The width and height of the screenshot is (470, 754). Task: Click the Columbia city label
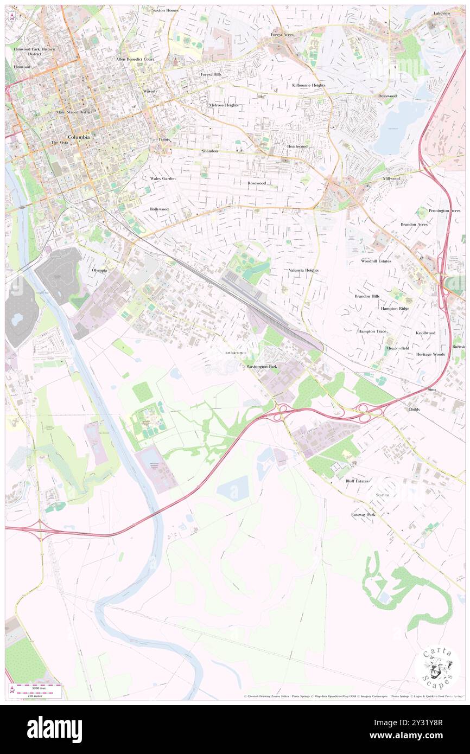79,137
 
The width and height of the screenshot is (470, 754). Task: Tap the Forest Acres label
282,35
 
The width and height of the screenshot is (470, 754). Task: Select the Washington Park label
262,367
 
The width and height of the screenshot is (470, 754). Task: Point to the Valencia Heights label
303,270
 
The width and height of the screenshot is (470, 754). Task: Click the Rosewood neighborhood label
257,183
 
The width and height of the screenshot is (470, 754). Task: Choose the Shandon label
209,151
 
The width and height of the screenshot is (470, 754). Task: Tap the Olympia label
99,270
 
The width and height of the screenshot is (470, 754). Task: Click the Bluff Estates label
357,481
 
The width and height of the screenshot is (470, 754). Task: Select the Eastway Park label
363,514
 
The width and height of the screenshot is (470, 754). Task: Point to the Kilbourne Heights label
308,86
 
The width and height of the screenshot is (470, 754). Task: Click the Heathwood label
297,146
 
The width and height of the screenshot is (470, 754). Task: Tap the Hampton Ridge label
395,308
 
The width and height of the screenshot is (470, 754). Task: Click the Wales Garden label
163,178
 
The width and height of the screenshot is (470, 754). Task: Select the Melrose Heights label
224,105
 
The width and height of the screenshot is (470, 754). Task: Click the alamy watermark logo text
54,730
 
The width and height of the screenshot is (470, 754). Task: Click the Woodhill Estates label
376,261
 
